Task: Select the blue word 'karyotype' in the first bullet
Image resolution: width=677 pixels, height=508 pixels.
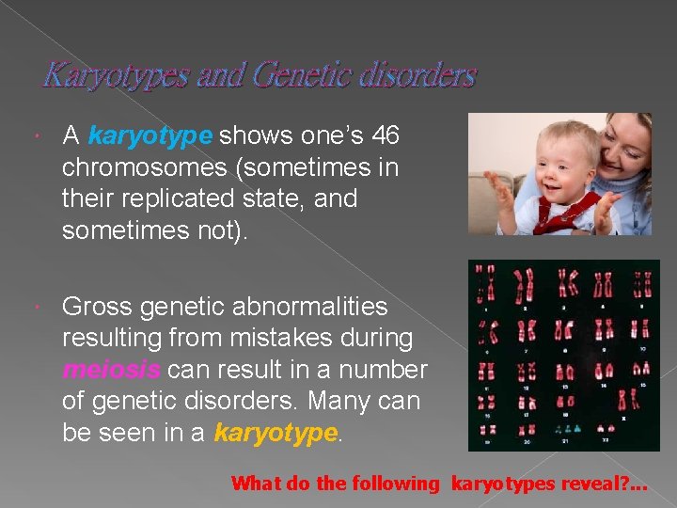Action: (150, 136)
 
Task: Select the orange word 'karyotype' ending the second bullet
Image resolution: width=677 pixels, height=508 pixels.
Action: (275, 433)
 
